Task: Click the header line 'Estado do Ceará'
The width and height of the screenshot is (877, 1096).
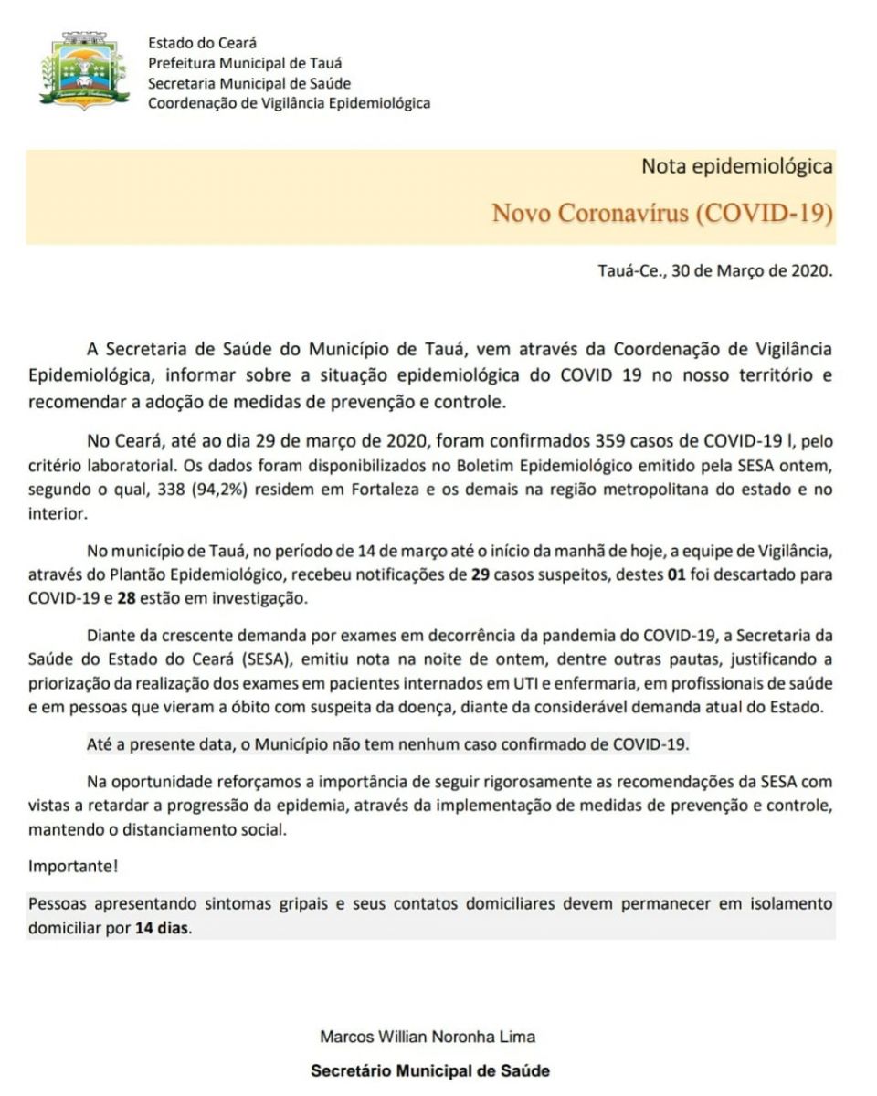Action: click(x=202, y=43)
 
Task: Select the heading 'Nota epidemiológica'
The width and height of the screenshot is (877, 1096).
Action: click(x=737, y=166)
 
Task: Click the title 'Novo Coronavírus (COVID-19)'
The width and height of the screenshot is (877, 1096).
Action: click(x=662, y=213)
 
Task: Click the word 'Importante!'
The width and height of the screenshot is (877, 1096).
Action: click(x=73, y=866)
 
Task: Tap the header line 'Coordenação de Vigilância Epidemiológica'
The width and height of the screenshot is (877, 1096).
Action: click(x=289, y=103)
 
